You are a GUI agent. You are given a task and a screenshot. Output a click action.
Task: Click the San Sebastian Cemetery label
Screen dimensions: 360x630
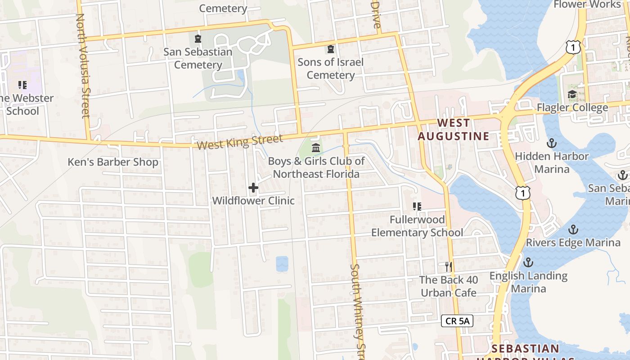click(198, 58)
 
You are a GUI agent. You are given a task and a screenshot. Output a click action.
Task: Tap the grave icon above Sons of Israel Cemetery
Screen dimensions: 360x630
click(331, 49)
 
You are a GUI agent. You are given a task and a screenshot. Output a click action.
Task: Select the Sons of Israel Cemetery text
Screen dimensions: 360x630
click(331, 68)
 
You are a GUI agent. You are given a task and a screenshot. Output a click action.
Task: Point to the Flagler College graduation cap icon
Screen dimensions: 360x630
click(572, 94)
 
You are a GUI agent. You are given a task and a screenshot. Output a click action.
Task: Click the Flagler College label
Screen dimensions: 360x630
click(572, 108)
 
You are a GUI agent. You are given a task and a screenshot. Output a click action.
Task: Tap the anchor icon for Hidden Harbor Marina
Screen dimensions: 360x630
click(551, 143)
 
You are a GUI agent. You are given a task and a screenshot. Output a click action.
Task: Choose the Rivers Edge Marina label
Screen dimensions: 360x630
click(573, 243)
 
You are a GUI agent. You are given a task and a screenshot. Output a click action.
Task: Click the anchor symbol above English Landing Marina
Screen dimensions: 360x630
click(528, 262)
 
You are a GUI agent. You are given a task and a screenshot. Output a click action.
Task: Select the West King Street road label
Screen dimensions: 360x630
click(240, 142)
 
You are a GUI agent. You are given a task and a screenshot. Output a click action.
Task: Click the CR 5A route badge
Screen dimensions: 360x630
click(457, 321)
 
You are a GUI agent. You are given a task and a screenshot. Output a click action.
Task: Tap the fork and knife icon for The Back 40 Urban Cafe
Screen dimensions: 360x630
click(448, 267)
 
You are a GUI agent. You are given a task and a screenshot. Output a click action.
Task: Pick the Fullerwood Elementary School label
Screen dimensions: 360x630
click(417, 226)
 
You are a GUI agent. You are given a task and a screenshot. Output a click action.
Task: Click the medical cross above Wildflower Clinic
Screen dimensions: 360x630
click(253, 188)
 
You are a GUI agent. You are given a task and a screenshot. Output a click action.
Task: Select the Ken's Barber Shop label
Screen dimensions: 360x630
click(113, 162)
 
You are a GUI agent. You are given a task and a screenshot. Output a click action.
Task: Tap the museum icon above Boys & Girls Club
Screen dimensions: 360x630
click(316, 148)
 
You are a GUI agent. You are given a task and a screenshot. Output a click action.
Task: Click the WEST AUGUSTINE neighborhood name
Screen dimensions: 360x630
click(453, 130)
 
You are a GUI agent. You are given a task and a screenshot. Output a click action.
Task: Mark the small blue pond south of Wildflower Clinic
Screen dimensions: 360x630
click(282, 263)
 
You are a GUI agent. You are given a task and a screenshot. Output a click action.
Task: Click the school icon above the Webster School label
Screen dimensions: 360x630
click(22, 85)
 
